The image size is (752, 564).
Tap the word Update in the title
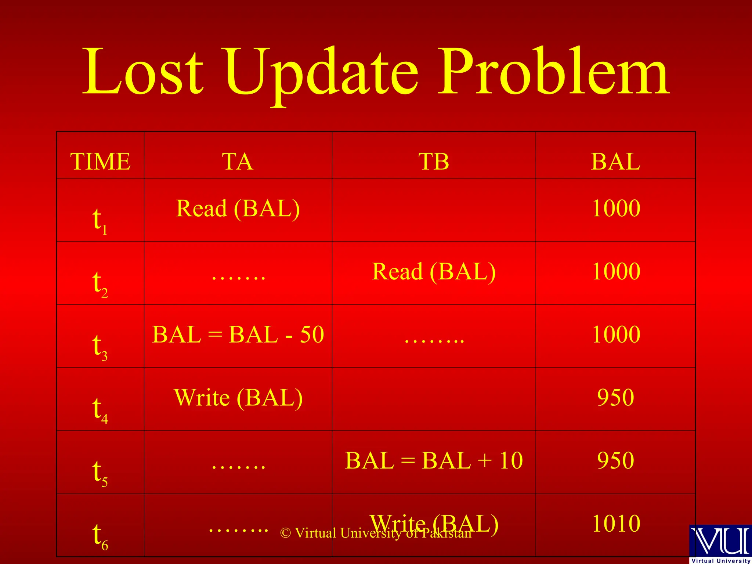pos(321,73)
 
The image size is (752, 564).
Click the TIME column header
pos(100,162)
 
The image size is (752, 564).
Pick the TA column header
pos(238,162)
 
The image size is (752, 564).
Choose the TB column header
pos(434,162)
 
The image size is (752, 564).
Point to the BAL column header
pos(616,162)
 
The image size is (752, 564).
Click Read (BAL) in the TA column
pos(238,209)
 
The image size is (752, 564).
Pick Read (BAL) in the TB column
pos(434,272)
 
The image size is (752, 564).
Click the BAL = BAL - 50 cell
pos(238,335)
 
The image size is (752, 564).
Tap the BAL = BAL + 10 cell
pos(434,460)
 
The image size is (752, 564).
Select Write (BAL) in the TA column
pos(238,398)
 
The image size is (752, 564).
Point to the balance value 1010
pos(616,524)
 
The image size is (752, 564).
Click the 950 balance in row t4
pos(616,397)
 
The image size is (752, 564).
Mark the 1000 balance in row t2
pos(616,271)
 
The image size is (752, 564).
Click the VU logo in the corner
pos(720,543)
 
